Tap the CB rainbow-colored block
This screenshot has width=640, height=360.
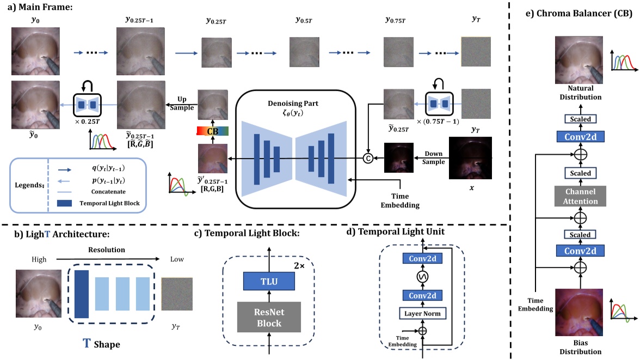coord(213,131)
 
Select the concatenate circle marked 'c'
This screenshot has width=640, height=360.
coord(368,158)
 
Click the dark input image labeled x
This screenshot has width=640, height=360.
coord(470,158)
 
